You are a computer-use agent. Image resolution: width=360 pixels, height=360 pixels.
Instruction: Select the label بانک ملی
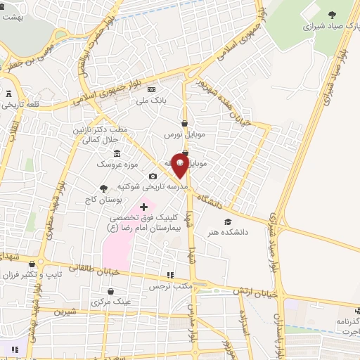[150, 101]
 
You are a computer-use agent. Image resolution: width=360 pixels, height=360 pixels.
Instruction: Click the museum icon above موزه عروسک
[117, 153]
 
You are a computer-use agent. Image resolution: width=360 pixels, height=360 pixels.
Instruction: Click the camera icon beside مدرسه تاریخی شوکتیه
[153, 176]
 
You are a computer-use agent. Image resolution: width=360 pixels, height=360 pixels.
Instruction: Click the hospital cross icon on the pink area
[144, 207]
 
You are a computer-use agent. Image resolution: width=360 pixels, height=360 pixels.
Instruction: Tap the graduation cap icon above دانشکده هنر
[226, 222]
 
